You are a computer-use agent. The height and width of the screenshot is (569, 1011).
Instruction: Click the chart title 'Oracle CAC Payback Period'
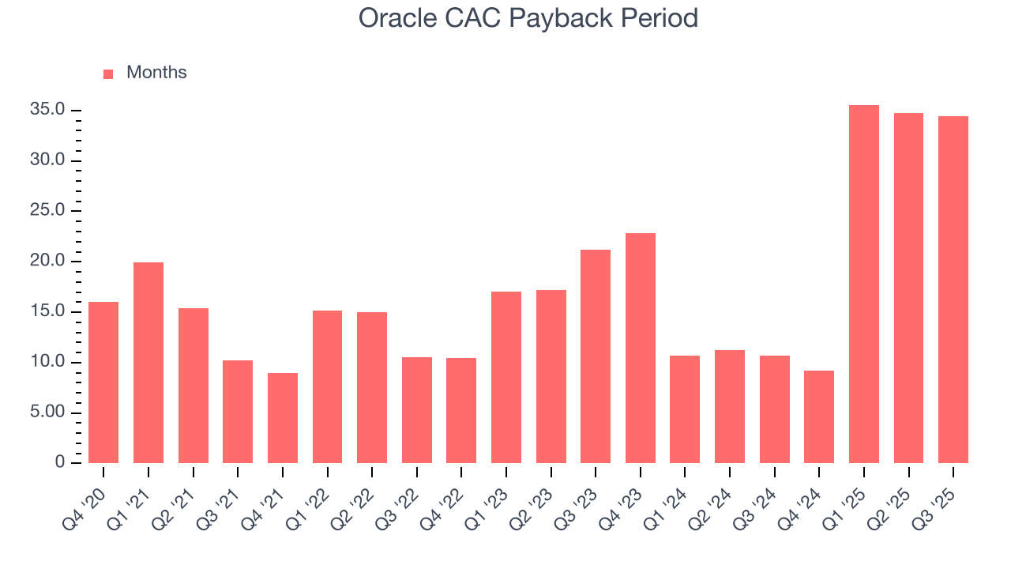(x=528, y=17)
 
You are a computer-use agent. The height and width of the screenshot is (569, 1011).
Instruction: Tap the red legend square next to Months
(x=108, y=73)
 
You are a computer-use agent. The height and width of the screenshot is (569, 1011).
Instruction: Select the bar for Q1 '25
(x=863, y=284)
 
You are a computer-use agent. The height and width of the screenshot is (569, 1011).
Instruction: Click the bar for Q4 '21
(x=283, y=418)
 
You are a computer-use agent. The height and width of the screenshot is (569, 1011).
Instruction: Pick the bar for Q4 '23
(x=641, y=348)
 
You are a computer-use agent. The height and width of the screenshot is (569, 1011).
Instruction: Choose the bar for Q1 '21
(x=148, y=363)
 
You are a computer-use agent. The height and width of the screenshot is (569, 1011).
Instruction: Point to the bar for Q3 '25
(x=953, y=289)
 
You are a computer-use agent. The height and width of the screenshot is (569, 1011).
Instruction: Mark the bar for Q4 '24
(x=819, y=416)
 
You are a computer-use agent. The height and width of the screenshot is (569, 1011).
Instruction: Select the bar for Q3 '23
(x=596, y=356)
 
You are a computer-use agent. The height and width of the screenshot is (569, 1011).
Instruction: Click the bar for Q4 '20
(x=103, y=382)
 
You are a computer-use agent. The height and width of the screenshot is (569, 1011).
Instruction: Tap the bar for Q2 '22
(x=372, y=387)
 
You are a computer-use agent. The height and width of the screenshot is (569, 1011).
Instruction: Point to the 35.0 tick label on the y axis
(x=47, y=110)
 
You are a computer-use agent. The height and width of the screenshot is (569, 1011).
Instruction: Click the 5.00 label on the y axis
(x=47, y=413)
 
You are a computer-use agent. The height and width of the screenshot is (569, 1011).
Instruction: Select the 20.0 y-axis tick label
(x=47, y=262)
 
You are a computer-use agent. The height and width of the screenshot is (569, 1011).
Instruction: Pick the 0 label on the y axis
(x=60, y=463)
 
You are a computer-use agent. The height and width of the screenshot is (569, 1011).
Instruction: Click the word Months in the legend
(x=156, y=73)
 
